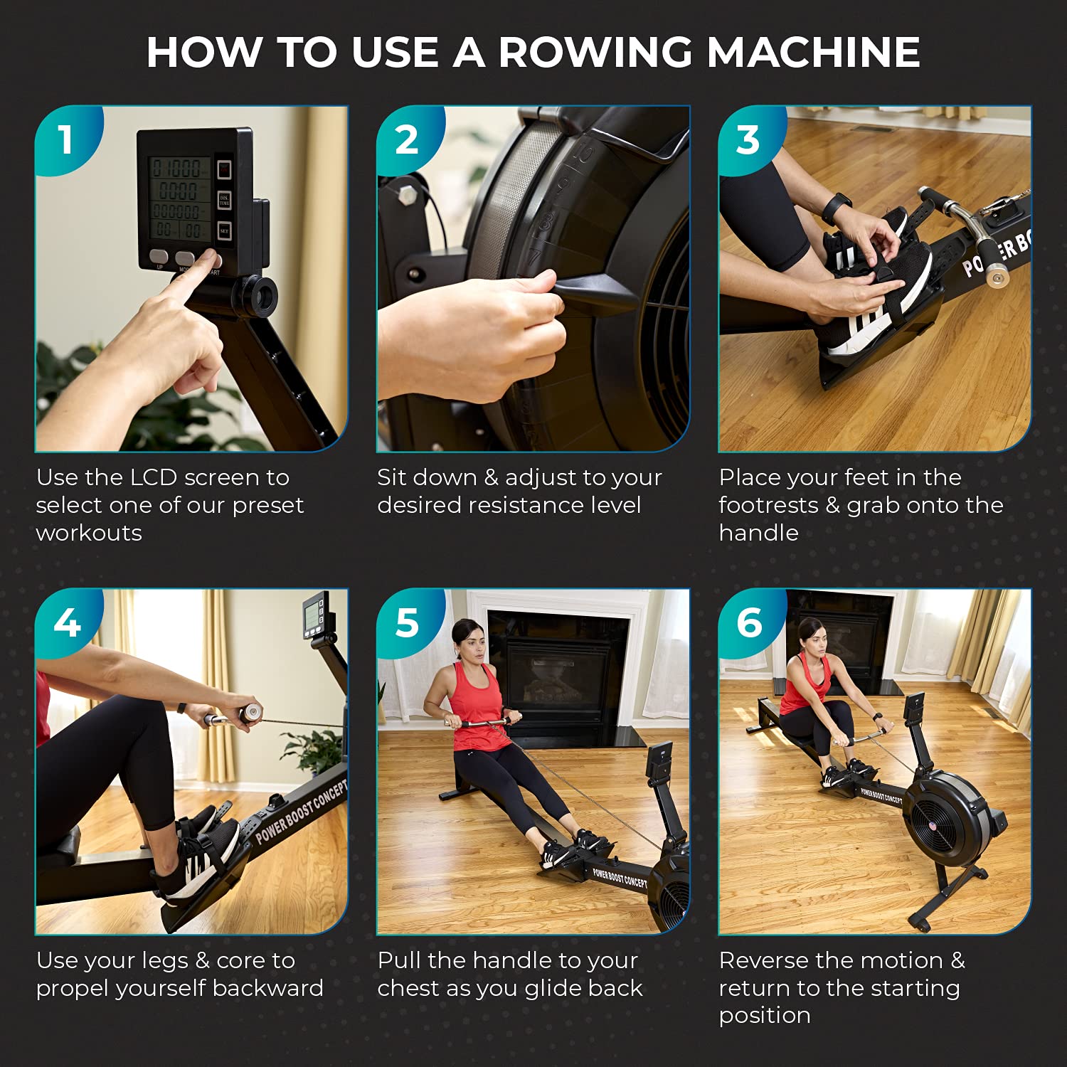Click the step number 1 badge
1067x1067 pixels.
(65, 139)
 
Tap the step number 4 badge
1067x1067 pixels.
(66, 622)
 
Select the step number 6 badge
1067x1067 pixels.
(749, 622)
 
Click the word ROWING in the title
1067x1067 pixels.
(595, 52)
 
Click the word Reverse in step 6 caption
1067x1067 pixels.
(764, 960)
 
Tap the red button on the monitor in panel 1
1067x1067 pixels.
(224, 169)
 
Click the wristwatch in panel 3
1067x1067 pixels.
(836, 208)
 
